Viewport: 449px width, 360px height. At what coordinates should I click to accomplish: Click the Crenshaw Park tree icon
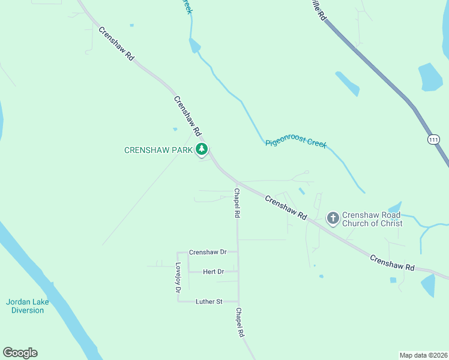tap(202, 149)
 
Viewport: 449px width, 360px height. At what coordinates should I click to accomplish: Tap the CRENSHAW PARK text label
tap(158, 150)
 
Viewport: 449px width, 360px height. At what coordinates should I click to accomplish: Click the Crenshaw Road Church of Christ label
tap(372, 220)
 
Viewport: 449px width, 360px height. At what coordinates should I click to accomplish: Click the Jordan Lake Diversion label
tap(28, 306)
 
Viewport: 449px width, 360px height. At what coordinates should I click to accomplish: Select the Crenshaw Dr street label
tap(207, 253)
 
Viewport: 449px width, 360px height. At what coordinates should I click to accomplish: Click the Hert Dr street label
tap(213, 272)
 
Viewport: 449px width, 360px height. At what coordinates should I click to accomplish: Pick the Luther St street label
tap(209, 301)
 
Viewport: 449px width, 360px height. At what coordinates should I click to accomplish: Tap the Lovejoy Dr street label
tap(178, 278)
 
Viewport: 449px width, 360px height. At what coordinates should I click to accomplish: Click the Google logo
tap(20, 353)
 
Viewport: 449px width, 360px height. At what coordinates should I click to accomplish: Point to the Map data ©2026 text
tap(423, 355)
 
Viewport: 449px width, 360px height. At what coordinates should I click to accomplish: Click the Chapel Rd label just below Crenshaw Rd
tap(237, 203)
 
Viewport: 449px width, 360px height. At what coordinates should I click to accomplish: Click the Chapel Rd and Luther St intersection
tap(238, 301)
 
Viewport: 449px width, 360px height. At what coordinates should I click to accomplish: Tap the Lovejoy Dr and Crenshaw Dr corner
tap(178, 253)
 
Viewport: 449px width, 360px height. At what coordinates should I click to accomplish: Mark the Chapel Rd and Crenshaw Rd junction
tap(237, 182)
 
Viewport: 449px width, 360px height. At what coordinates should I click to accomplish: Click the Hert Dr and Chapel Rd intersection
tap(238, 272)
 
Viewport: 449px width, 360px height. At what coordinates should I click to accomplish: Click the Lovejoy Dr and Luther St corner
tap(178, 301)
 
